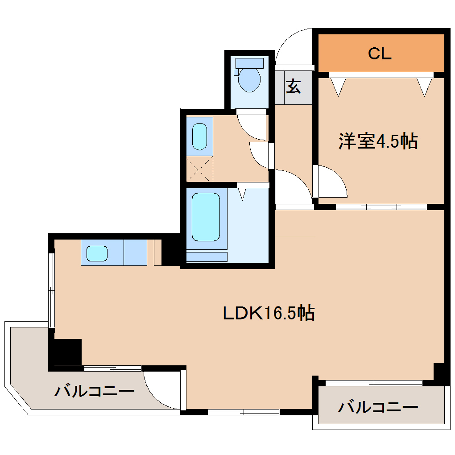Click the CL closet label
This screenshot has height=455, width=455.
[380, 54]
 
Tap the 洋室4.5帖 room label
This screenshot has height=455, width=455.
[378, 141]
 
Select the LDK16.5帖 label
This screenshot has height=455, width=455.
[269, 313]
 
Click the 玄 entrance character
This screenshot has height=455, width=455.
[293, 86]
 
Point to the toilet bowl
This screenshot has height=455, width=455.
[249, 79]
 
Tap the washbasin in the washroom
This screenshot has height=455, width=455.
[199, 136]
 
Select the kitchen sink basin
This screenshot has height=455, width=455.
[97, 253]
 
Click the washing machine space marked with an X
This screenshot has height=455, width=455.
[199, 170]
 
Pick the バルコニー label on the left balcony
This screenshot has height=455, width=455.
[95, 391]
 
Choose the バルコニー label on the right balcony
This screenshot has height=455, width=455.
[378, 407]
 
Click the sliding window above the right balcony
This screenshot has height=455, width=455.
[374, 383]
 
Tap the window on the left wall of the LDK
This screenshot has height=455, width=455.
[52, 290]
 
